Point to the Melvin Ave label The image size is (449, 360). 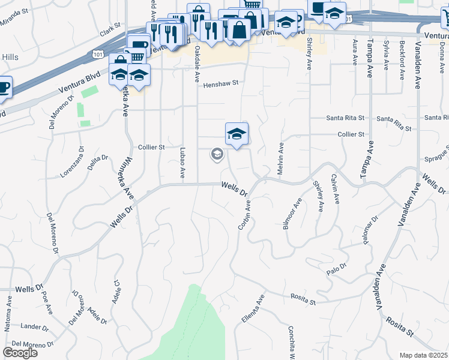tap(280, 158)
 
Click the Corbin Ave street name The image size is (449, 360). tap(244, 215)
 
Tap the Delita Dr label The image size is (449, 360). tap(98, 163)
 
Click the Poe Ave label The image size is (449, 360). tap(46, 302)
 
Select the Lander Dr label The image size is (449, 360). tap(34, 327)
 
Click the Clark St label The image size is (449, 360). tap(110, 31)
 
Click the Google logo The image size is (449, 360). tap(20, 352)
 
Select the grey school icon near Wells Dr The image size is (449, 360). tap(217, 155)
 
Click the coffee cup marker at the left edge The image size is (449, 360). tap(3, 86)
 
